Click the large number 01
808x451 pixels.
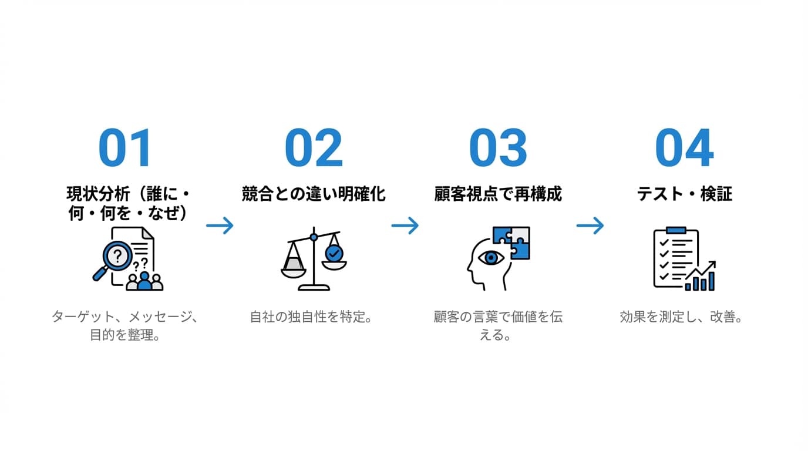tap(125, 148)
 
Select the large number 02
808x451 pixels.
tap(313, 148)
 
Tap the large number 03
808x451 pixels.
tap(498, 148)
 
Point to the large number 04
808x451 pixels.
tap(684, 148)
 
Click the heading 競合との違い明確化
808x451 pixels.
tap(314, 194)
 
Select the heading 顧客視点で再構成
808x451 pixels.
tap(498, 194)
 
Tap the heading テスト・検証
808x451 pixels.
tap(684, 194)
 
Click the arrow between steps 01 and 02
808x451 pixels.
tap(220, 225)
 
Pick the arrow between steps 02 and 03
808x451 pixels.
tap(405, 225)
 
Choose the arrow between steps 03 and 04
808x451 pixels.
tap(590, 225)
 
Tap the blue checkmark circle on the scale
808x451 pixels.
tap(335, 254)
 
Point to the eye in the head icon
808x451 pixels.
tap(490, 257)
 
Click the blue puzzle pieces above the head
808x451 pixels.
tap(511, 242)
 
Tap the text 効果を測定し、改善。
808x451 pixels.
tap(682, 317)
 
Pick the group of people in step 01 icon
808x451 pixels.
tap(144, 282)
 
